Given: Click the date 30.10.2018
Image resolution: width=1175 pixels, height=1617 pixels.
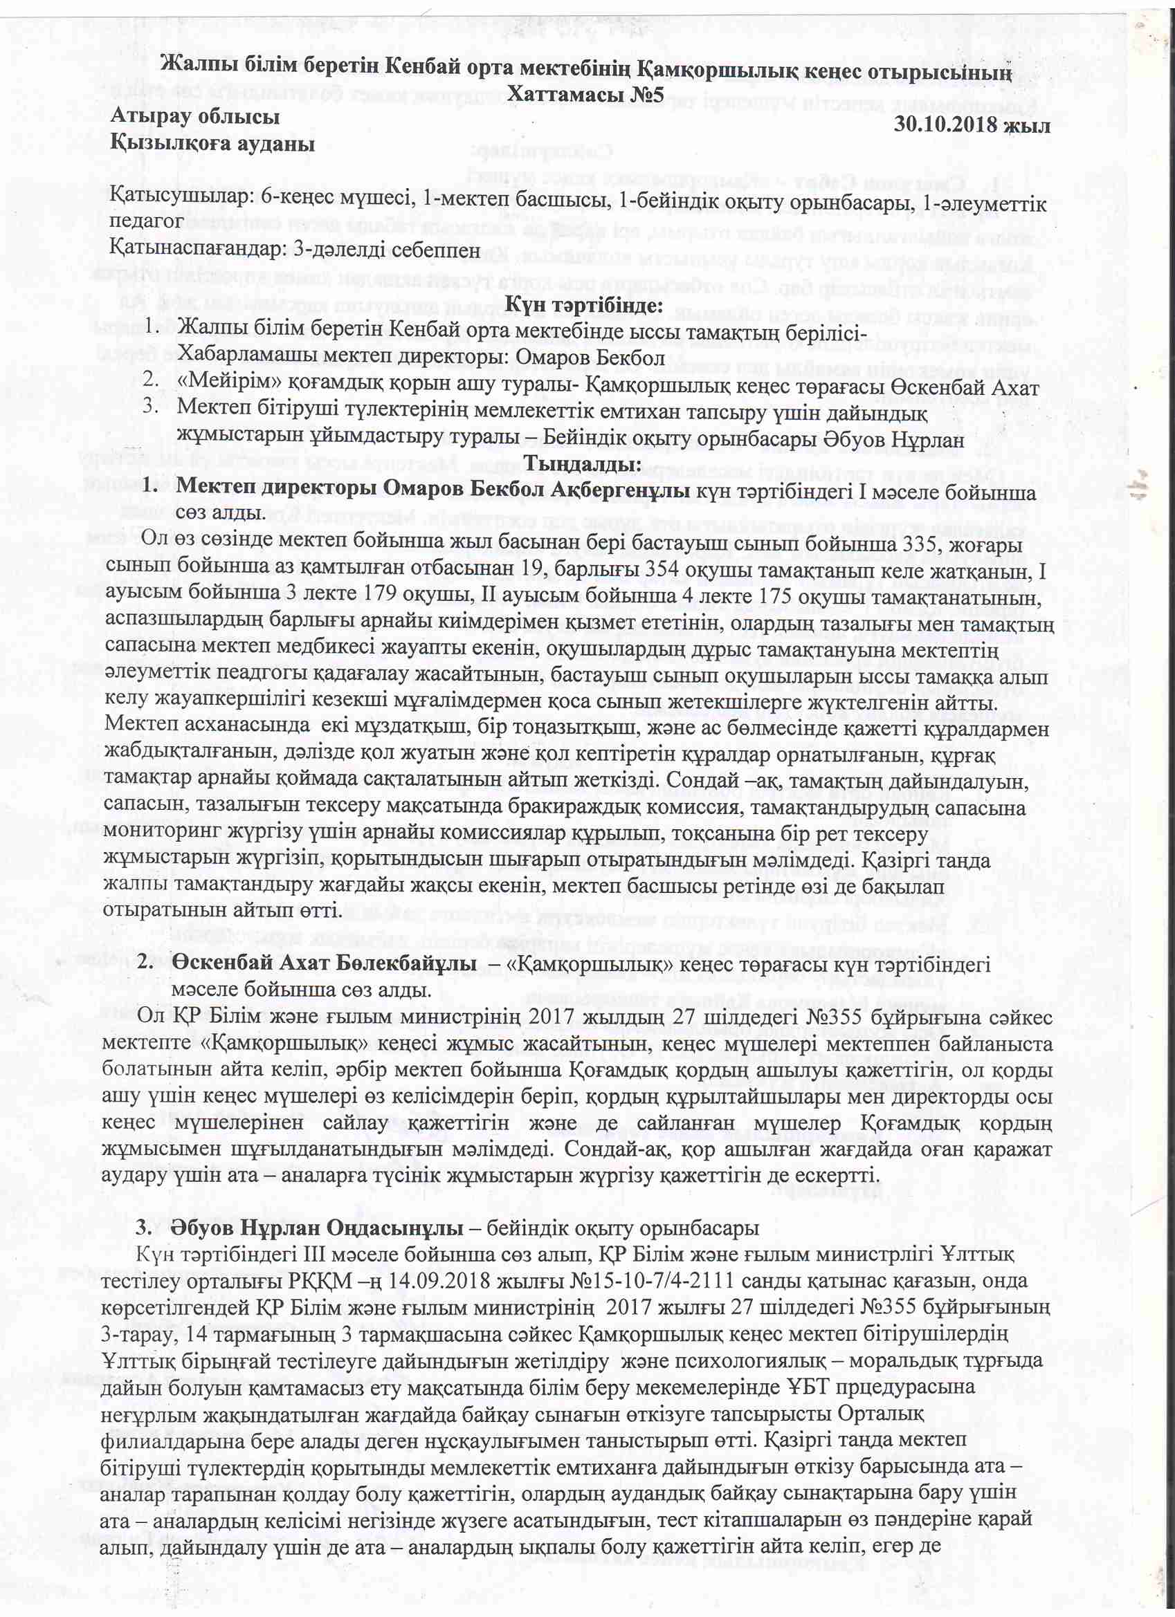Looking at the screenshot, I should pyautogui.click(x=945, y=124).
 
